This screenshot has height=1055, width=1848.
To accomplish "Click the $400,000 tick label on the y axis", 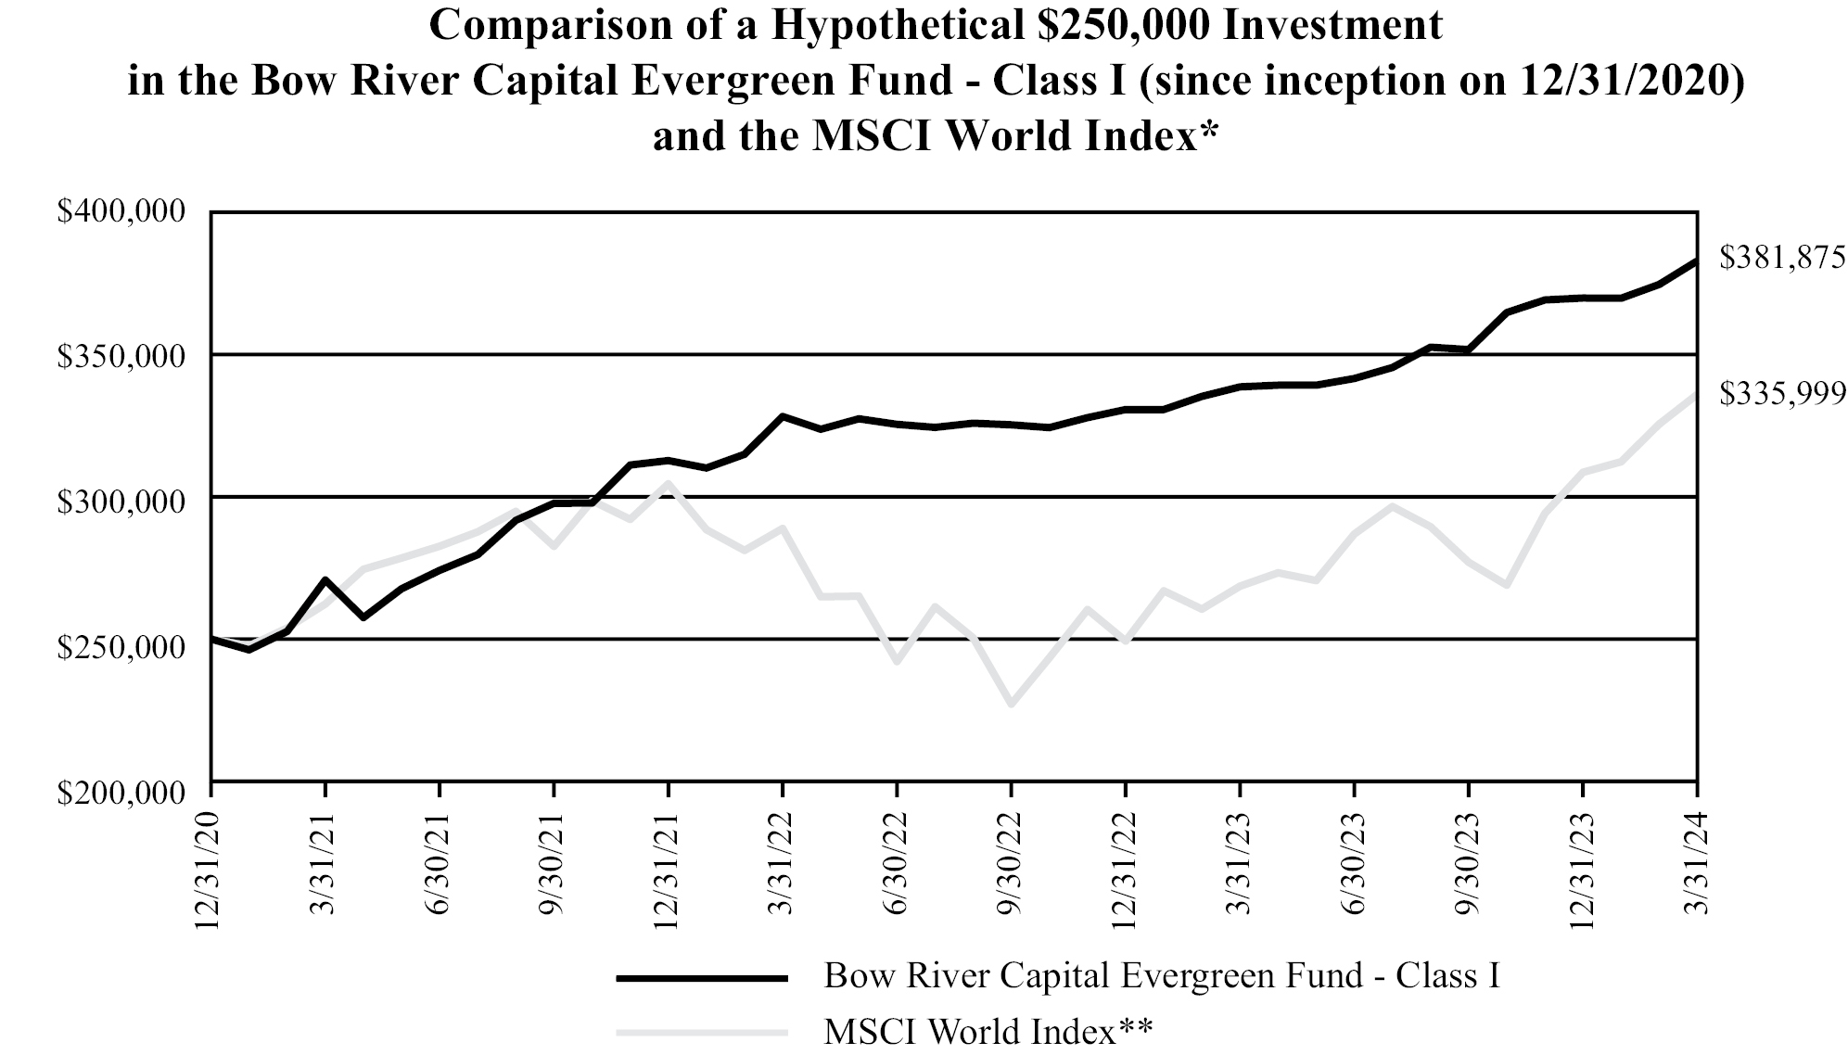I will [x=121, y=212].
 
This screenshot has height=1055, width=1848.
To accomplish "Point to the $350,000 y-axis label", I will [x=121, y=357].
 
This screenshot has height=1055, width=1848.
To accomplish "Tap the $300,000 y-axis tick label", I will [x=121, y=502].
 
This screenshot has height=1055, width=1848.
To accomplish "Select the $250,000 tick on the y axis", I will [x=121, y=646].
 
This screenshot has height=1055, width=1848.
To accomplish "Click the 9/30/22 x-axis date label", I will [x=1012, y=863].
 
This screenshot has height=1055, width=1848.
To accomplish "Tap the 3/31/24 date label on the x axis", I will [x=1697, y=863].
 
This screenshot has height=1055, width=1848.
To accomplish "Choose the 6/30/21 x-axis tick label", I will [x=440, y=863].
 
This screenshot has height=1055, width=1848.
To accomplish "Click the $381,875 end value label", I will [x=1782, y=258].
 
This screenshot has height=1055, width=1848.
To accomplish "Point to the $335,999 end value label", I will [x=1782, y=394].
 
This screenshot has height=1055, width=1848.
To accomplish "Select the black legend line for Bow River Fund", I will [x=702, y=977].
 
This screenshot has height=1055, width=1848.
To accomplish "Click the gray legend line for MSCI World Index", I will [x=702, y=1031].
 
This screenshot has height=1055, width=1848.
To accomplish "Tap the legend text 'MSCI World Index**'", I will [x=988, y=1031].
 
